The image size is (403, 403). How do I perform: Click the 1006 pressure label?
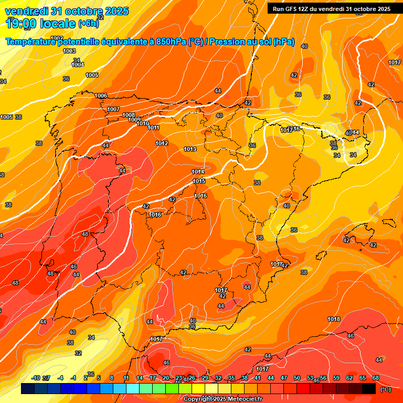101,96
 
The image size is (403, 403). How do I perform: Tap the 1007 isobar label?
113,109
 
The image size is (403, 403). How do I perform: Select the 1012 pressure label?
162,143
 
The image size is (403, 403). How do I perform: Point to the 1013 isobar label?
190,150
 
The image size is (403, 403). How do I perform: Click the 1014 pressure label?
198,172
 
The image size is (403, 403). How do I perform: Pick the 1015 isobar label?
199,181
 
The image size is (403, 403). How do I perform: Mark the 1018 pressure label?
334,319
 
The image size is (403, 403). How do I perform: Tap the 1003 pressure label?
69,51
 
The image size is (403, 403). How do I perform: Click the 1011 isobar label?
153,128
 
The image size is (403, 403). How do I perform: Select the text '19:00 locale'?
40,24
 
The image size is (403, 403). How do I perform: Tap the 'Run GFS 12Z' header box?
331,9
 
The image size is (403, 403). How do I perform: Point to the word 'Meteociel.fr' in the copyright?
243,399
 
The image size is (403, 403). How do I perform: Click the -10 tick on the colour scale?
36,378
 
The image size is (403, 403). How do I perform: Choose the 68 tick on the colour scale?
376,378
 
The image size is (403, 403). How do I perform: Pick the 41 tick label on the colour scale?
258,378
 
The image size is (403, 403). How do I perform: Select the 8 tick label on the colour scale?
112,378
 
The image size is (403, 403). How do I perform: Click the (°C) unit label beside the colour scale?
385,389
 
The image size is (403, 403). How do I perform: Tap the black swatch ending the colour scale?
369,388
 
